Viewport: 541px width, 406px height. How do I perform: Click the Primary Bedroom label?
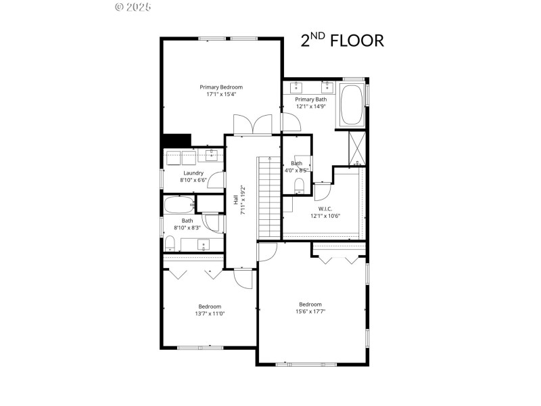tap(220, 87)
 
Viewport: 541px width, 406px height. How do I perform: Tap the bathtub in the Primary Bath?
tap(351, 105)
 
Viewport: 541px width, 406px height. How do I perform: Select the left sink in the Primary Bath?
tap(297, 87)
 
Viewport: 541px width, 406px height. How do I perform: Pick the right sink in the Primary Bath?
tap(327, 87)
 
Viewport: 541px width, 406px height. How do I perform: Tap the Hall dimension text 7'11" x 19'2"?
tap(243, 200)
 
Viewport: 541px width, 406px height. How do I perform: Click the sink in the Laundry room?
tap(210, 156)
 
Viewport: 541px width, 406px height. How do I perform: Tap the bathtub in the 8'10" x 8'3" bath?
tap(179, 204)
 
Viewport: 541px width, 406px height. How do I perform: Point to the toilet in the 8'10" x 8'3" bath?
tap(169, 243)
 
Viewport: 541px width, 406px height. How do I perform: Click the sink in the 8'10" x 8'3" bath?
tap(203, 244)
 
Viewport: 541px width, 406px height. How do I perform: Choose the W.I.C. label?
tap(325, 208)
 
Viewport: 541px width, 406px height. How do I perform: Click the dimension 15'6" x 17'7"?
tap(310, 312)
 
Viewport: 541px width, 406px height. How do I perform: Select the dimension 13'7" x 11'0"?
tap(210, 314)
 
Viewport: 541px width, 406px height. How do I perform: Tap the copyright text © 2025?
tap(133, 7)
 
